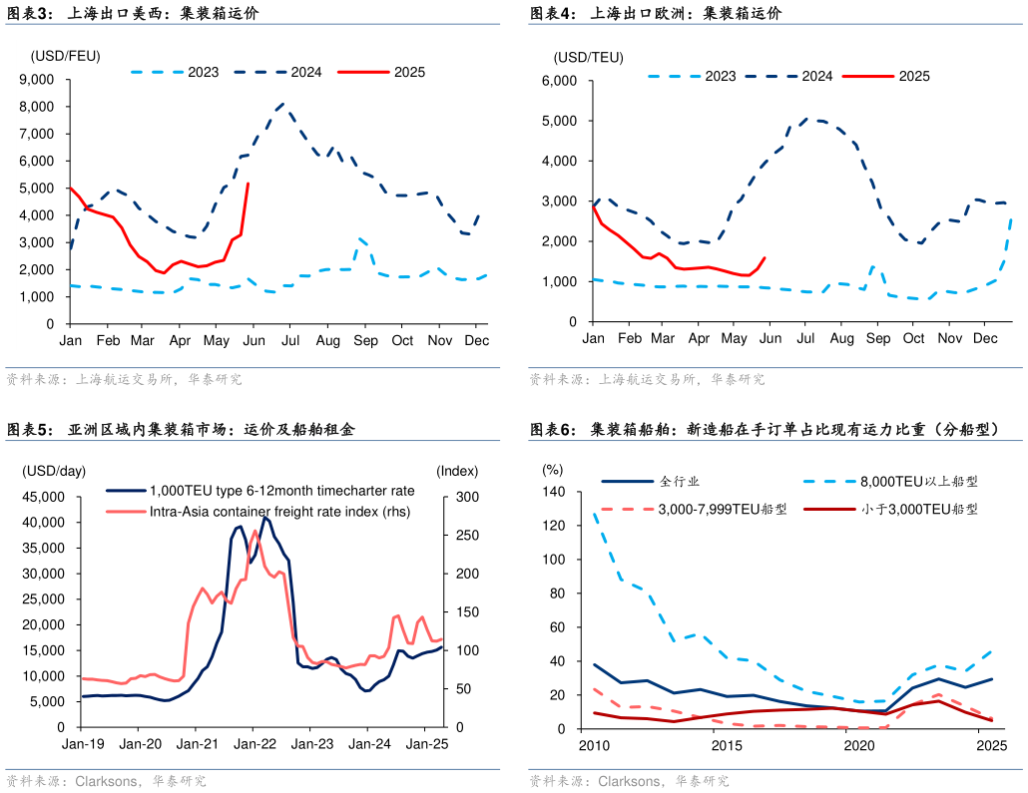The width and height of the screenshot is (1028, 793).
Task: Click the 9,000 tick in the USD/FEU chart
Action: pos(38,80)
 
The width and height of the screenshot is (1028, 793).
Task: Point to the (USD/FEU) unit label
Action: pos(65,56)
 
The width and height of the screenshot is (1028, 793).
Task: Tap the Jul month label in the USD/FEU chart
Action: pos(290,341)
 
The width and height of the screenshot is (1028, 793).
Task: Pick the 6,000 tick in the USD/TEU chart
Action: pos(560,81)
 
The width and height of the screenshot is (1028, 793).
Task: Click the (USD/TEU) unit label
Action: pos(589,56)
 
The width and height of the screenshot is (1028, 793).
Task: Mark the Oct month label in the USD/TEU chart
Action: pos(914,339)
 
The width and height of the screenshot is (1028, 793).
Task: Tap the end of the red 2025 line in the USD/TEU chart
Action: pos(765,257)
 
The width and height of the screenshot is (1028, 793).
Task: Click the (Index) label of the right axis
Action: pos(457,471)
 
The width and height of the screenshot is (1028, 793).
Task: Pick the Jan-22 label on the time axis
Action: pos(255,744)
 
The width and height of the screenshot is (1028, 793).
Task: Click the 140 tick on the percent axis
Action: pos(553,492)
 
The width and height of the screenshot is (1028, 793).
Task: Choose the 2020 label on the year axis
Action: pos(859,745)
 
